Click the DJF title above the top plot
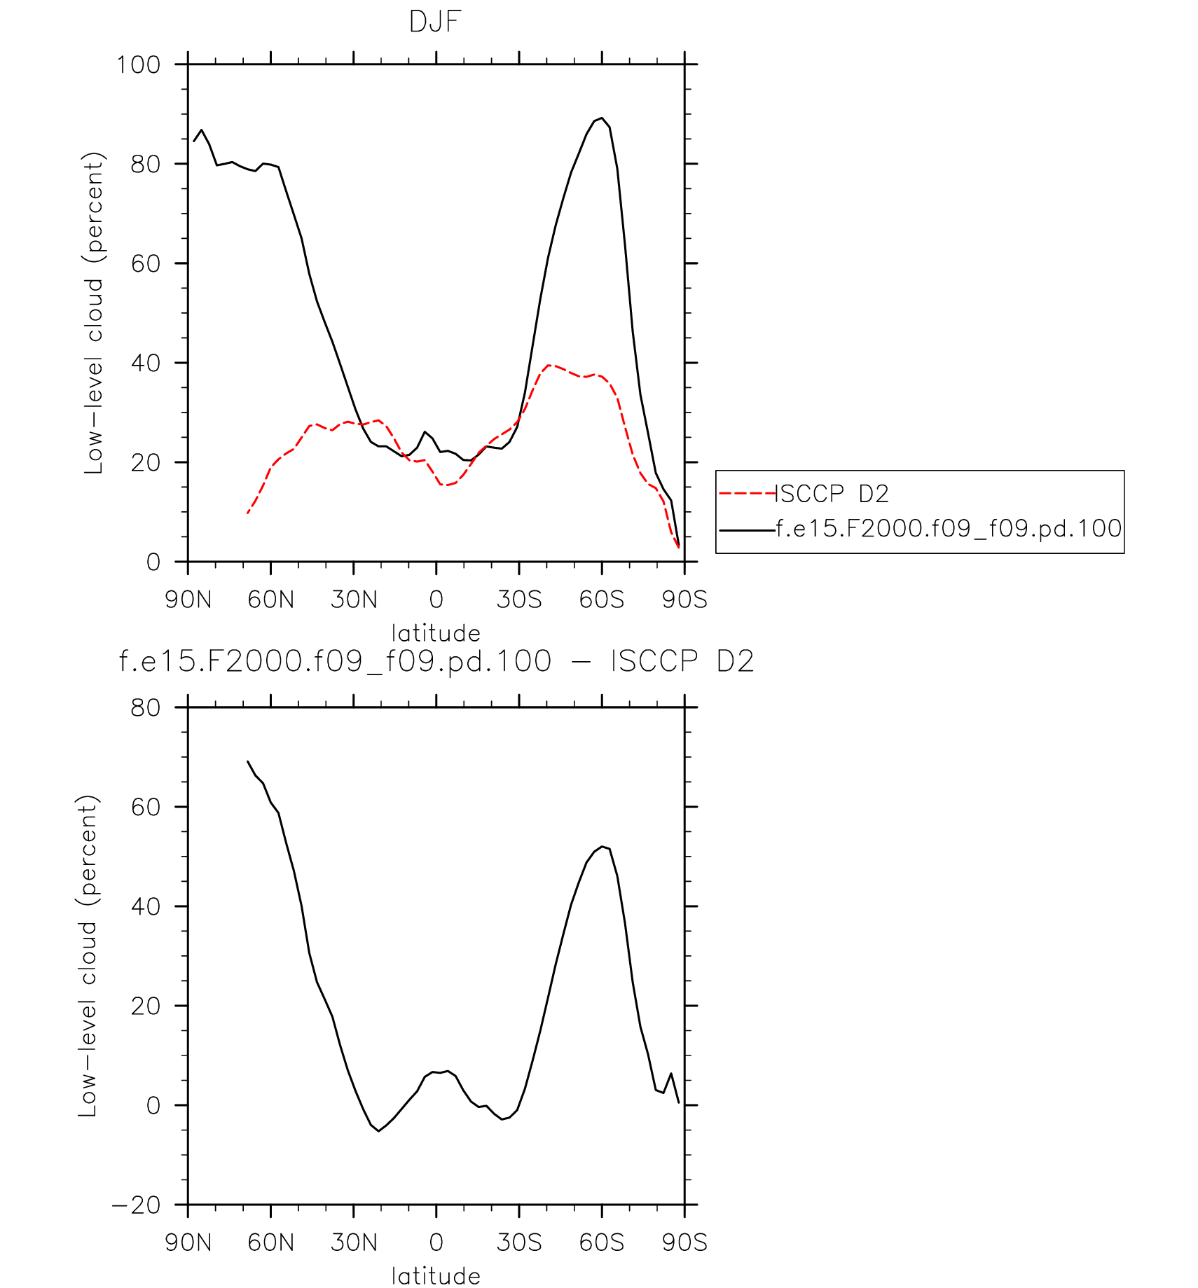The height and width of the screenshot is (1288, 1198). (x=435, y=22)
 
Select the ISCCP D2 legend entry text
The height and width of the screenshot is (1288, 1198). (x=833, y=494)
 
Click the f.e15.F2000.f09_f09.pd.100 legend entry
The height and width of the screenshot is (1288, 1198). (x=949, y=528)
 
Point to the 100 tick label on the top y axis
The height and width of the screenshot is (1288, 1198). (x=138, y=65)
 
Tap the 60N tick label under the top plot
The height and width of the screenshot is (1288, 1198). (x=270, y=600)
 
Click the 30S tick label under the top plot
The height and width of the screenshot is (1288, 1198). (x=519, y=600)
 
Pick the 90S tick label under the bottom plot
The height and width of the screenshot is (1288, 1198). (x=684, y=1242)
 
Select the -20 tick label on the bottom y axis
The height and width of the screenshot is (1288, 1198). (x=137, y=1205)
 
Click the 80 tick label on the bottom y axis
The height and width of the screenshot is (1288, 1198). (x=146, y=708)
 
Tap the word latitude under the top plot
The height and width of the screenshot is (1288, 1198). (x=436, y=633)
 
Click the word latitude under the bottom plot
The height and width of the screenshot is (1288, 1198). (x=436, y=1276)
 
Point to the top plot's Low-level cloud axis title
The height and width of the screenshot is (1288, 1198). (x=94, y=313)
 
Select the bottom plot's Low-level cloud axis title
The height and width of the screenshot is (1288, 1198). (x=88, y=956)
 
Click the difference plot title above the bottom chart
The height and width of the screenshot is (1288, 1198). (x=436, y=661)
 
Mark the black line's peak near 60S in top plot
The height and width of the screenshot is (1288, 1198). (x=602, y=118)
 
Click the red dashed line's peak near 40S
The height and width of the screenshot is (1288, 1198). (x=549, y=365)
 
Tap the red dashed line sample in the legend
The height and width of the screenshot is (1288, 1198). (x=747, y=494)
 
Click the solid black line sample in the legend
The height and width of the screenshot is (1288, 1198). (x=747, y=530)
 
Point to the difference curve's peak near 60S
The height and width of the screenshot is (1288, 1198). (x=602, y=847)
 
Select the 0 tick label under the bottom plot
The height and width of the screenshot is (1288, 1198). (x=436, y=1242)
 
